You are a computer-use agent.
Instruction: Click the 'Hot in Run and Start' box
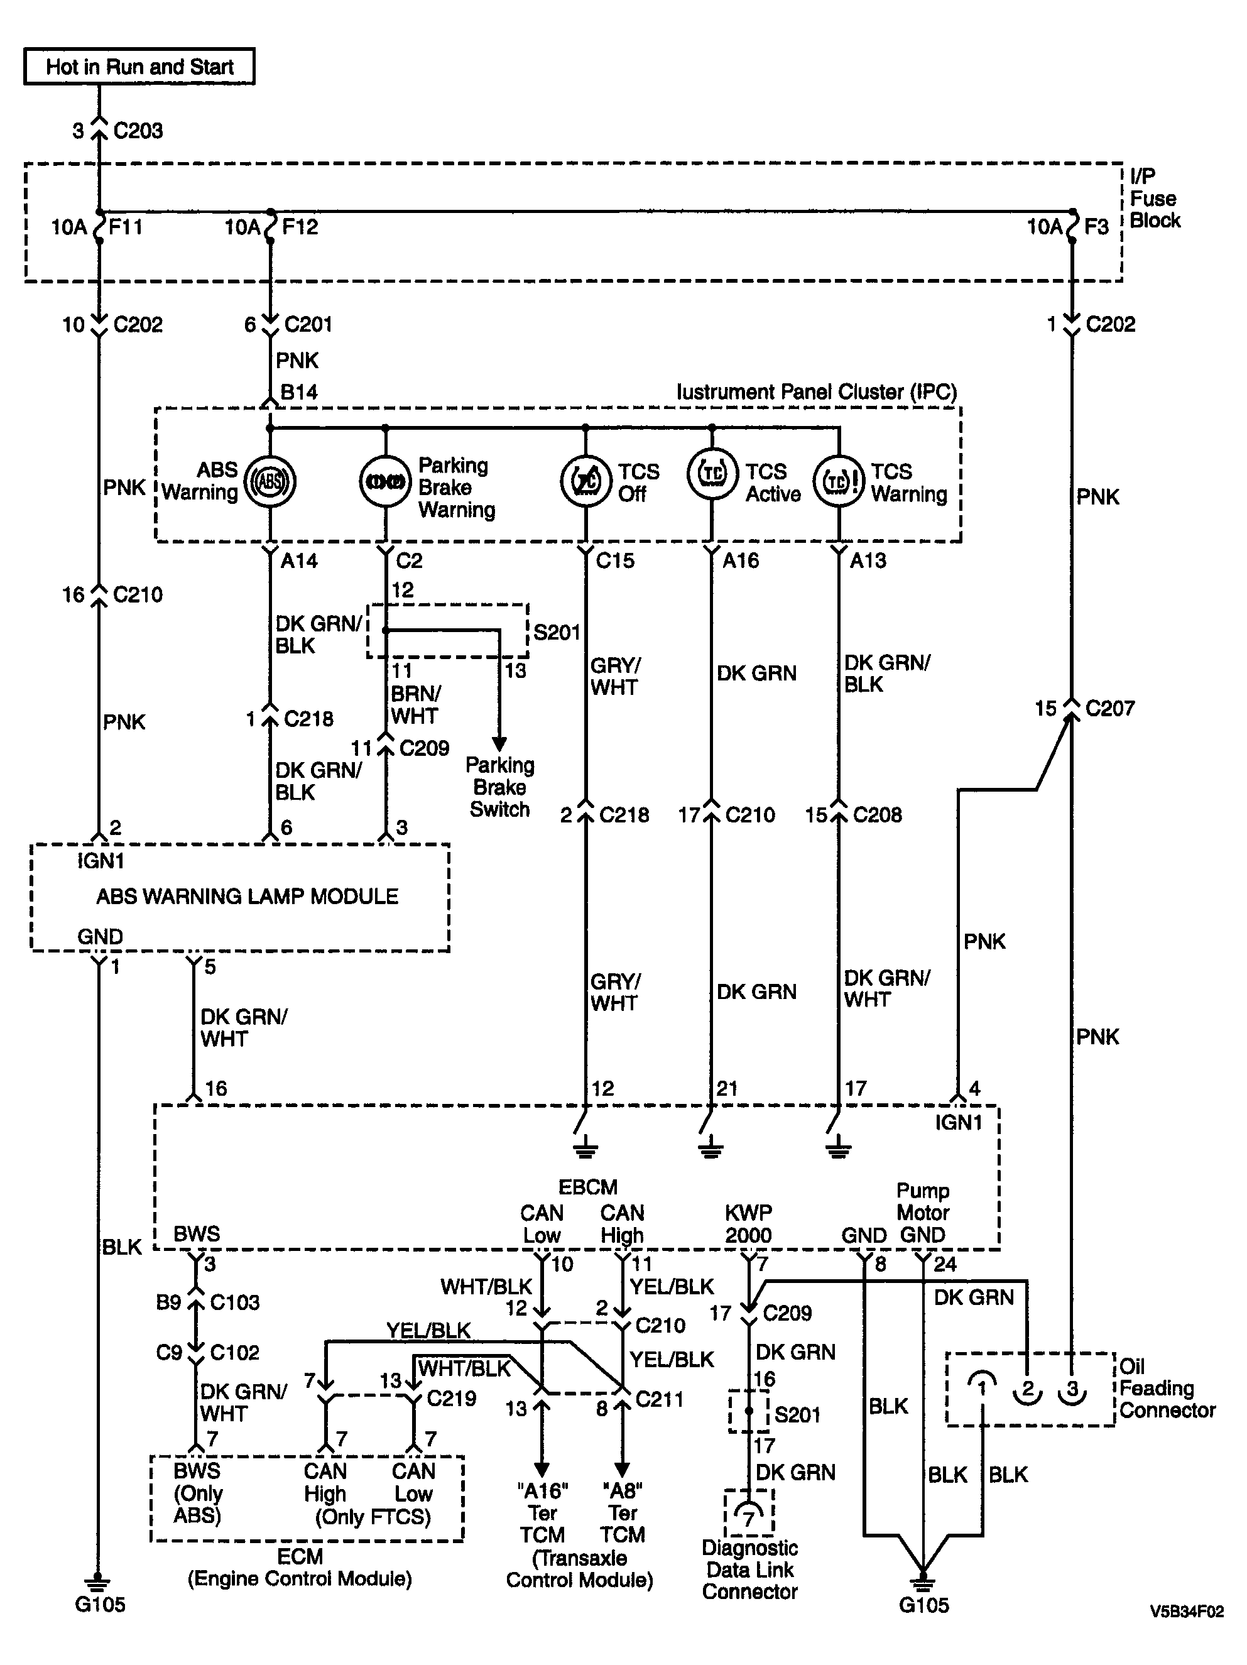(x=139, y=66)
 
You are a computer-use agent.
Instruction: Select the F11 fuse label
(x=126, y=227)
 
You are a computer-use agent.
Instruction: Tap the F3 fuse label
(x=1096, y=227)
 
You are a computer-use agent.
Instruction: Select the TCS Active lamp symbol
(x=712, y=475)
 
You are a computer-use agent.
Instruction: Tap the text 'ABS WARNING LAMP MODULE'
(x=248, y=897)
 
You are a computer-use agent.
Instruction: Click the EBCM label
(x=588, y=1187)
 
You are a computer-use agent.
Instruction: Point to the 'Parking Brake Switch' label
(x=499, y=787)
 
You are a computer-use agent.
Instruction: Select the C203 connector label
(x=138, y=131)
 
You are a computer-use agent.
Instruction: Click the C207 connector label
(x=1110, y=708)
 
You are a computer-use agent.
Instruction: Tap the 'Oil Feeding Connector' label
(x=1167, y=1389)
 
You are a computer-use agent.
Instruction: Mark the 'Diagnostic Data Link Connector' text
(x=749, y=1570)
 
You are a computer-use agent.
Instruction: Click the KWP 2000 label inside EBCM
(x=748, y=1224)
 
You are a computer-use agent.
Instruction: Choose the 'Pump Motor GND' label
(x=923, y=1213)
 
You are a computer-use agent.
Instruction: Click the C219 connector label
(x=452, y=1399)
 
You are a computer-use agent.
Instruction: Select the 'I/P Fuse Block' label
(x=1155, y=199)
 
